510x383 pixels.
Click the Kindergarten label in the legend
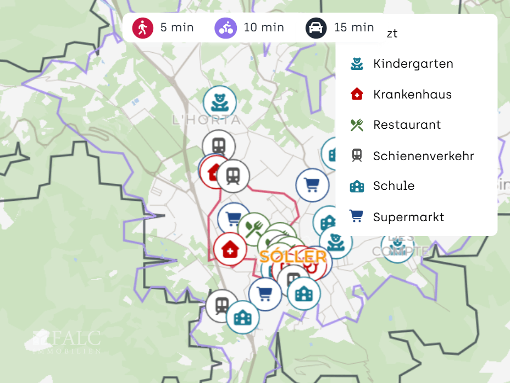413,64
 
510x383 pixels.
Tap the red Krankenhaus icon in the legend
357,94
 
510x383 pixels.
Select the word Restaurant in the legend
407,125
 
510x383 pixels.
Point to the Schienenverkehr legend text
423,156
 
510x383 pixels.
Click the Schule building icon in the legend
357,186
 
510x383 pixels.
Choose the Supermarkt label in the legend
408,217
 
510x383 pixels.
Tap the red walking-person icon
143,27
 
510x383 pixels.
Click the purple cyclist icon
225,27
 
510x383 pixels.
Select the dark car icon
316,28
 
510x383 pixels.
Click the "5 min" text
177,27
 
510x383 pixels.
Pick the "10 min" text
264,27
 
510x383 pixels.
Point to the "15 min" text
354,27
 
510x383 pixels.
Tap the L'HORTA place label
206,120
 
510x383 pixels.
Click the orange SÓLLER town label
293,256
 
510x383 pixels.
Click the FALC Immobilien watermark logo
66,341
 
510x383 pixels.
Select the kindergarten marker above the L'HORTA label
220,101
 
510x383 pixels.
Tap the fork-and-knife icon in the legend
357,125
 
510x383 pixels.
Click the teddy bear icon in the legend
357,64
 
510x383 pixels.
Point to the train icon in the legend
357,156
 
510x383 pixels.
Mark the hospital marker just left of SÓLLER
230,249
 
